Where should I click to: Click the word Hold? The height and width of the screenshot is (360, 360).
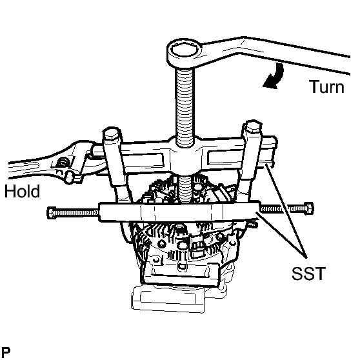coord(21,191)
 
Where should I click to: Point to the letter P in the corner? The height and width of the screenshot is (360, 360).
coord(6,352)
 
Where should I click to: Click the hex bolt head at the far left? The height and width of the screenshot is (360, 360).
coord(51,212)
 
